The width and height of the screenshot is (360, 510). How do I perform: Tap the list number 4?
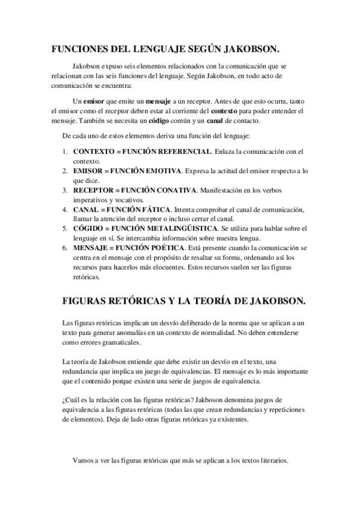64,209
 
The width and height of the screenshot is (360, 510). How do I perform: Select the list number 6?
64,248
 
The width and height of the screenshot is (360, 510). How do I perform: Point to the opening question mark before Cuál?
64,399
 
